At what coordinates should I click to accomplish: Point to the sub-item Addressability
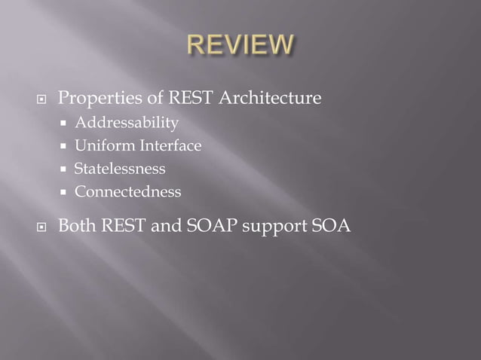click(x=127, y=122)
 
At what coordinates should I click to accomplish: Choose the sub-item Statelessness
click(x=119, y=169)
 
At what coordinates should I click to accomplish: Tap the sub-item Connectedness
click(x=127, y=192)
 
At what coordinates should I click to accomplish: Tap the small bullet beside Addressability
click(x=66, y=123)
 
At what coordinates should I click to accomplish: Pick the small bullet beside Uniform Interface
click(x=66, y=146)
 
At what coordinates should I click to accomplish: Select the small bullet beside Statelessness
click(x=66, y=169)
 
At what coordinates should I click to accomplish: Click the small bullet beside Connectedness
click(x=66, y=193)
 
